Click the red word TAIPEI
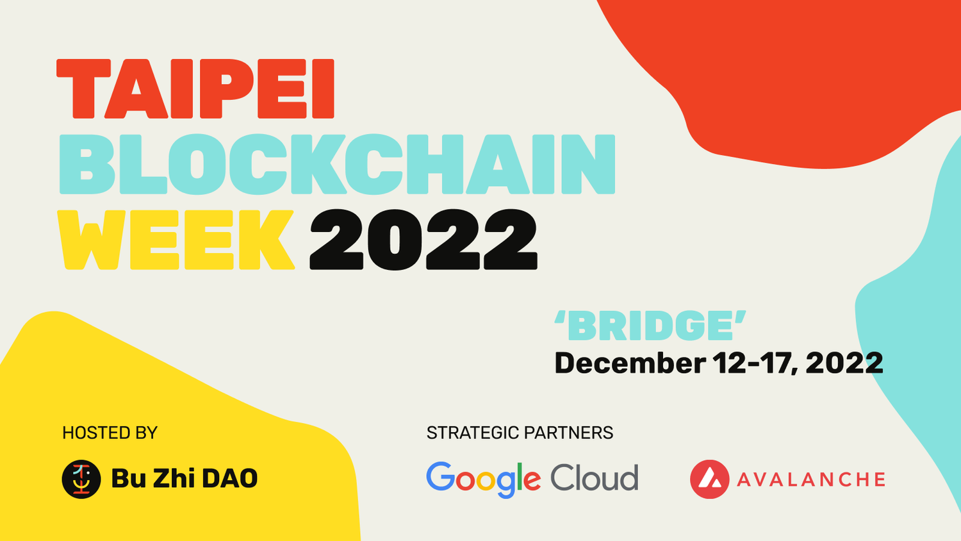(195, 88)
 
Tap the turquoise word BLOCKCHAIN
(337, 164)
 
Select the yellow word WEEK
(176, 240)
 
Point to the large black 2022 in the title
(423, 240)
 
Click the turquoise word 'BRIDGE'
(650, 326)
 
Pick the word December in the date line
(630, 363)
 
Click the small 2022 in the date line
(844, 363)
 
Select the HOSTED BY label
(110, 433)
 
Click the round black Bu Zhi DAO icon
(81, 479)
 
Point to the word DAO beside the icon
(229, 478)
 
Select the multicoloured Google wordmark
(484, 480)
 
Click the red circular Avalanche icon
(710, 479)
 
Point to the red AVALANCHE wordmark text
(811, 479)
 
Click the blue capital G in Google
(441, 476)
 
